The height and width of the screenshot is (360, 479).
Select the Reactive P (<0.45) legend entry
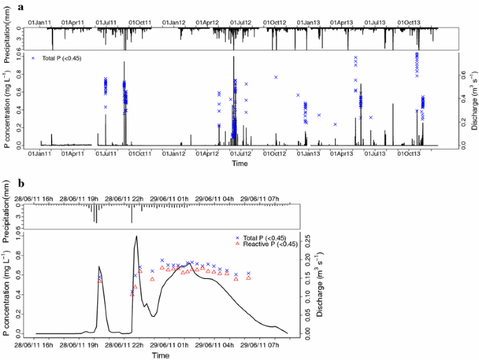269,244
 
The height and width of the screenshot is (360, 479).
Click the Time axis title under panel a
240,164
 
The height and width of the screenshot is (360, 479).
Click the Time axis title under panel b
160,355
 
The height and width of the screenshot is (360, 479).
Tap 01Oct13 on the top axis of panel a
408,23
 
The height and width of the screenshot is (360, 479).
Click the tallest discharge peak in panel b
136,236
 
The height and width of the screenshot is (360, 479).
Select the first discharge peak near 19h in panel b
99,266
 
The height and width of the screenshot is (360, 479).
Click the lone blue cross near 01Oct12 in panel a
276,77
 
